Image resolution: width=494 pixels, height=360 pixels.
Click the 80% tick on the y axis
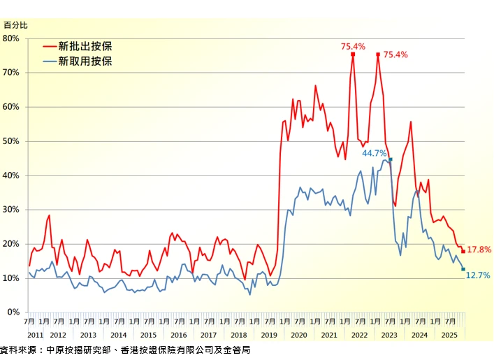tap(12, 38)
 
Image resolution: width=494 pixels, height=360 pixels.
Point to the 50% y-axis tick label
tap(12, 141)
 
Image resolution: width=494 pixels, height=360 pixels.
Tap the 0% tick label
tap(14, 312)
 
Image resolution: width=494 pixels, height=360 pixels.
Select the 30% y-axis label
tap(12, 210)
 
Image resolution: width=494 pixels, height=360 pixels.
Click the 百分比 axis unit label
tap(15, 24)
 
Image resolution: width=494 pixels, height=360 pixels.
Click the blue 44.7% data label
tap(375, 153)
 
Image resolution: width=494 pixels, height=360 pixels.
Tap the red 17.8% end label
tap(479, 250)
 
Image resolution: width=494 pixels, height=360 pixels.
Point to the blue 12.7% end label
tap(478, 275)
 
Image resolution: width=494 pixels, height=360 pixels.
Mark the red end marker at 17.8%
tap(463, 252)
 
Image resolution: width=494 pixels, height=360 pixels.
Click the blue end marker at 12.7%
tap(463, 269)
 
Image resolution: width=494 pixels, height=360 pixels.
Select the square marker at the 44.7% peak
tap(391, 159)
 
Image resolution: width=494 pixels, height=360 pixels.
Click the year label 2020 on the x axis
tap(299, 335)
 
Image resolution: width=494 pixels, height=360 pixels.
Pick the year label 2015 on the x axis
tap(149, 335)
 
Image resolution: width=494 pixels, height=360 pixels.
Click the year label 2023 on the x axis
tap(389, 335)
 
